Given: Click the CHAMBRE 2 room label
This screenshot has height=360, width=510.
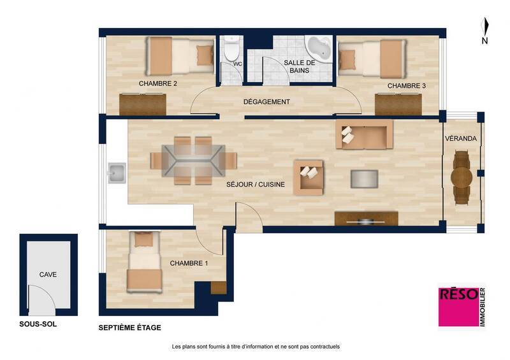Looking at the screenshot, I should coord(157,83).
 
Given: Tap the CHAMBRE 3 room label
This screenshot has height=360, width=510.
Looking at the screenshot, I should coord(406,85).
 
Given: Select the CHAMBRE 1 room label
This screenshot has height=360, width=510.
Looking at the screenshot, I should coord(189,263).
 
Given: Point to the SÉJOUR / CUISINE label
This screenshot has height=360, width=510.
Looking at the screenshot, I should coord(255,185).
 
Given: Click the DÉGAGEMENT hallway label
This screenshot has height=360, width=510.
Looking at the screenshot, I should coord(266,102).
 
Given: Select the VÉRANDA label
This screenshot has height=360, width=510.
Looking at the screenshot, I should coord(462,138).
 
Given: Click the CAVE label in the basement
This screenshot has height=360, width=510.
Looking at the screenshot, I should coord(48,275).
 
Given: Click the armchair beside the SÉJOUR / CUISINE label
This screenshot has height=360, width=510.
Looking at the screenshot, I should coord(309,176).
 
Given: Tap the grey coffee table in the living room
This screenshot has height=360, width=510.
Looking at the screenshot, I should coord(364,178).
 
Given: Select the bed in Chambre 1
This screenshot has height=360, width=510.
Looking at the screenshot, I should coord(143,264).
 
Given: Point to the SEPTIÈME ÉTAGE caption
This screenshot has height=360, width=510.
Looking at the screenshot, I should coord(129,328).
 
